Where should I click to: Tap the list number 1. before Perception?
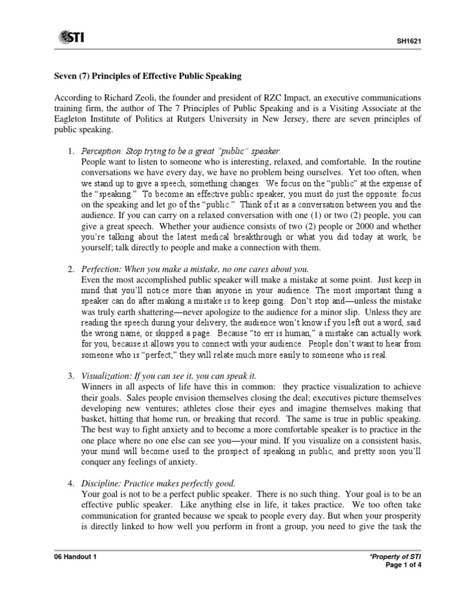pyautogui.click(x=70, y=150)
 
